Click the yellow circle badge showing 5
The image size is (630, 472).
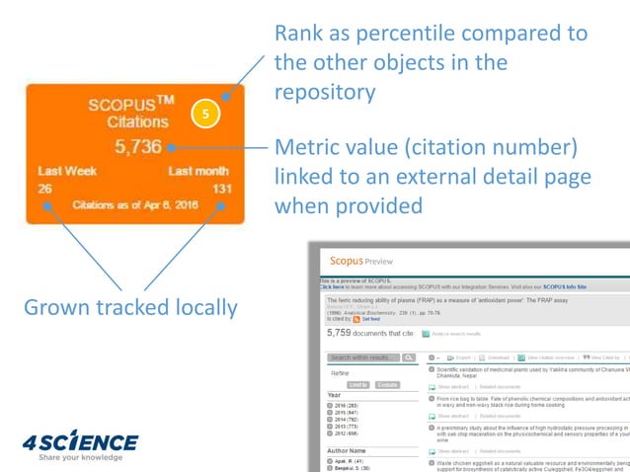click(x=203, y=115)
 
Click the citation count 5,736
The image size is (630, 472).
click(x=138, y=147)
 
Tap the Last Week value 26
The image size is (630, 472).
click(x=46, y=188)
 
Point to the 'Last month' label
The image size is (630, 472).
click(x=198, y=171)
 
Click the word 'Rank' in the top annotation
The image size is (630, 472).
click(x=299, y=34)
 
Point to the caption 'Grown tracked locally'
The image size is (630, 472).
click(x=130, y=307)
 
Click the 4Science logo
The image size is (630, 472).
click(x=80, y=440)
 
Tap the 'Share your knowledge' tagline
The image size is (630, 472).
click(x=80, y=457)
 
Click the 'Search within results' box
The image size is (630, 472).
click(x=364, y=357)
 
